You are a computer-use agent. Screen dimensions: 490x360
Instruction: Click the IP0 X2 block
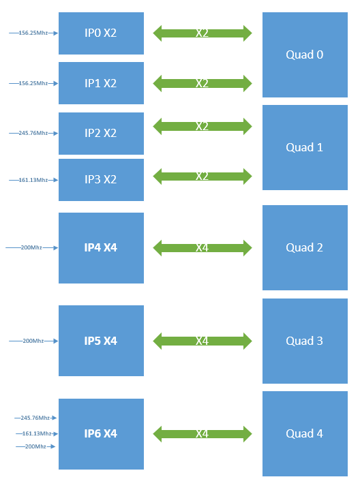coord(101,33)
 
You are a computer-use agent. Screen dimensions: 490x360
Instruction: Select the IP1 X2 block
coord(101,83)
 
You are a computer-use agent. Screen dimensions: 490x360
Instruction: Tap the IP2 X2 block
coord(101,133)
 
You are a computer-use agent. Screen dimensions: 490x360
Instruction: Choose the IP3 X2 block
coord(101,180)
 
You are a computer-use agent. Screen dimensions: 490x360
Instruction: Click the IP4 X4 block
coord(101,247)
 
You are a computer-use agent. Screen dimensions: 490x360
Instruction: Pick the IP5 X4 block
coord(101,341)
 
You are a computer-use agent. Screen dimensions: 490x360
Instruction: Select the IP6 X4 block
coord(101,433)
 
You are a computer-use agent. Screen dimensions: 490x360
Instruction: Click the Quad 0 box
coord(305,55)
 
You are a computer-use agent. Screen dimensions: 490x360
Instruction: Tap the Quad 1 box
coord(305,147)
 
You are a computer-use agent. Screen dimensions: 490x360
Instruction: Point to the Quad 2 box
coord(305,247)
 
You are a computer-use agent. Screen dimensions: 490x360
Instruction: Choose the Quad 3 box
coord(305,341)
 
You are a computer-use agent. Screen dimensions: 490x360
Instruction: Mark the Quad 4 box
coord(305,433)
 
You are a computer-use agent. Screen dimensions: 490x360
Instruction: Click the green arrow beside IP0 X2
coord(202,33)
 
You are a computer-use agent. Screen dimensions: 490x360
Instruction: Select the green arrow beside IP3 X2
coord(202,176)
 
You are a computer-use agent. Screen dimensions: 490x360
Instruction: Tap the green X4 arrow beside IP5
coord(202,341)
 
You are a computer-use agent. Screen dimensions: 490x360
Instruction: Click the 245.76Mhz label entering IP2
coord(33,133)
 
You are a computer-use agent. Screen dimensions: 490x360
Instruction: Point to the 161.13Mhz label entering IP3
coord(33,180)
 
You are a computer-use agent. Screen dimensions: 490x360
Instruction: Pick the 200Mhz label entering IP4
coord(31,247)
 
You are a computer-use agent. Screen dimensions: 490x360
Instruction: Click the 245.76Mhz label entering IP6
coord(35,418)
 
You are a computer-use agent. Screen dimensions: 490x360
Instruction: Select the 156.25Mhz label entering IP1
coord(33,83)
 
